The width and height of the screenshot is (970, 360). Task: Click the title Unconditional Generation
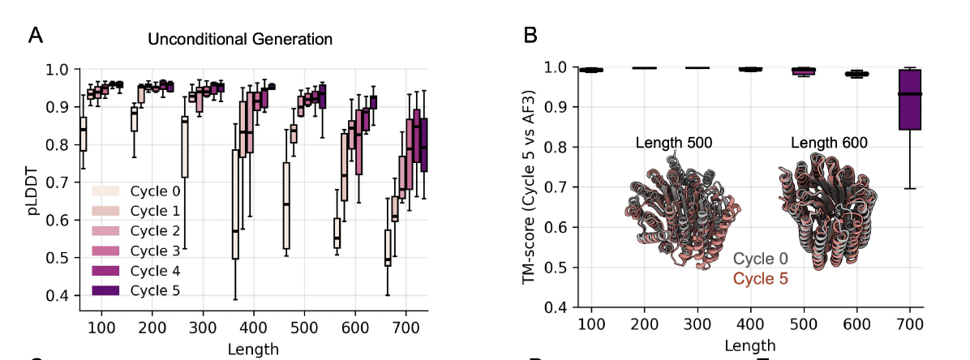tap(240, 38)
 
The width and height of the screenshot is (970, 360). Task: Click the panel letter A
tap(35, 35)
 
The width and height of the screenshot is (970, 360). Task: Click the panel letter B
tap(531, 35)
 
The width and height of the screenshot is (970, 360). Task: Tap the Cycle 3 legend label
tap(155, 251)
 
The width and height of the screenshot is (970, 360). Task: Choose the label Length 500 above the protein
tap(674, 144)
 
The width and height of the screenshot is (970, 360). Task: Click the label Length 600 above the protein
tap(829, 144)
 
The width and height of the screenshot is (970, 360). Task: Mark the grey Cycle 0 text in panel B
tap(761, 260)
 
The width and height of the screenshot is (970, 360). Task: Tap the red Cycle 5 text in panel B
tap(761, 279)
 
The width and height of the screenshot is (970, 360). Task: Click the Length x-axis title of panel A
tap(254, 349)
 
